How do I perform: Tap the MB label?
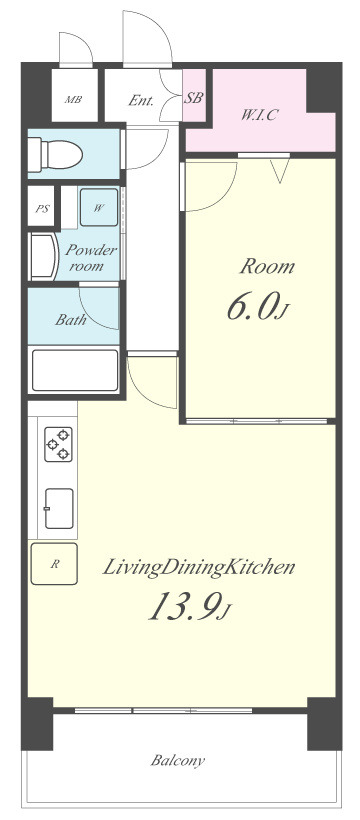point(73,99)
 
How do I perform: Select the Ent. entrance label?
point(141,100)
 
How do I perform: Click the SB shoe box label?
point(194,98)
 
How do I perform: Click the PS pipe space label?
point(42,209)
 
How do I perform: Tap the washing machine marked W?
point(99,207)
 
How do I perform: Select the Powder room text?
point(90,257)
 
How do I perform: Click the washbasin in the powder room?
point(43,257)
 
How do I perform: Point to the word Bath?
point(71,320)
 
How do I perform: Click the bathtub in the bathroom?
point(75,370)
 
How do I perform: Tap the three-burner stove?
point(58,445)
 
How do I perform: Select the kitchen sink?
point(59,508)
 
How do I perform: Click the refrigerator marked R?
point(54,564)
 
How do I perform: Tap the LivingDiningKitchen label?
point(198,568)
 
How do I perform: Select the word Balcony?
point(177,760)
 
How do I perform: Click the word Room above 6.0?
point(267,267)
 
